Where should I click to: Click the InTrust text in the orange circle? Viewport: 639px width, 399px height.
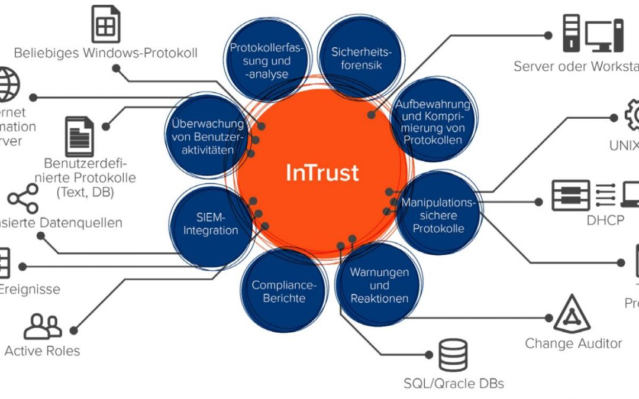[x=322, y=172]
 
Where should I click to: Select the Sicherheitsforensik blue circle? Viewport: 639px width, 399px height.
[x=357, y=57]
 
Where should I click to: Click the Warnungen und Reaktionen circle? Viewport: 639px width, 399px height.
[x=379, y=286]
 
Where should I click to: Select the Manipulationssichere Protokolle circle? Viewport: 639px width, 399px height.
[x=438, y=215]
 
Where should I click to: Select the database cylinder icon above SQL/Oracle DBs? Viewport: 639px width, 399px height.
[x=453, y=356]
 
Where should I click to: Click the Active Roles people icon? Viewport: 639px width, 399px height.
[x=43, y=326]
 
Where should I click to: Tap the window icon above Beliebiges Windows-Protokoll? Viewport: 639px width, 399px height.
[x=106, y=24]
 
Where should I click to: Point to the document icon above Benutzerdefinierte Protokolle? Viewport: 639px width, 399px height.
[x=80, y=137]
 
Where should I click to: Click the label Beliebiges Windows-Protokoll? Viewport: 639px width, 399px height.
[x=106, y=53]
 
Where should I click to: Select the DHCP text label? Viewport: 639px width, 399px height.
[x=606, y=220]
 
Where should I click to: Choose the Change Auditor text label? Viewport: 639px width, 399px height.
[x=573, y=343]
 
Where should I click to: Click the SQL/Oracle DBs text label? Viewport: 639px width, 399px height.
[x=454, y=384]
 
